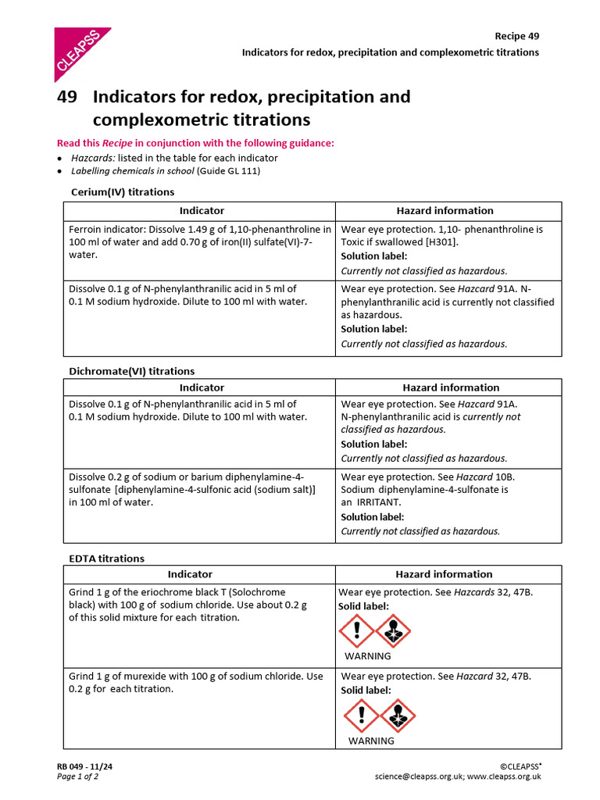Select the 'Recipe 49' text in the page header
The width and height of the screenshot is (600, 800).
[x=516, y=36]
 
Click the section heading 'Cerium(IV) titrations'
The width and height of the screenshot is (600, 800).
[x=123, y=191]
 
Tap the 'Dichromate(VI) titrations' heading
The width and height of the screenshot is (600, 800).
[x=132, y=371]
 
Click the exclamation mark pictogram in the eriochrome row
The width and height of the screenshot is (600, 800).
[x=356, y=630]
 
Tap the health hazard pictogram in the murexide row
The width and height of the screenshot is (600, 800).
[x=398, y=715]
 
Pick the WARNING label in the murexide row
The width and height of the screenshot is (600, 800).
[x=371, y=741]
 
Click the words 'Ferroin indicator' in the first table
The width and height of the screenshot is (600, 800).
[x=109, y=230]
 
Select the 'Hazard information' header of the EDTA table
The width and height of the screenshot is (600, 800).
[x=451, y=574]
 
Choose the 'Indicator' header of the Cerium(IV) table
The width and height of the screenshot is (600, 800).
[x=202, y=210]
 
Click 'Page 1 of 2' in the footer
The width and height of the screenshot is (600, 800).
[x=77, y=777]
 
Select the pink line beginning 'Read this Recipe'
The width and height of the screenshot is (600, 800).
[x=195, y=143]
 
